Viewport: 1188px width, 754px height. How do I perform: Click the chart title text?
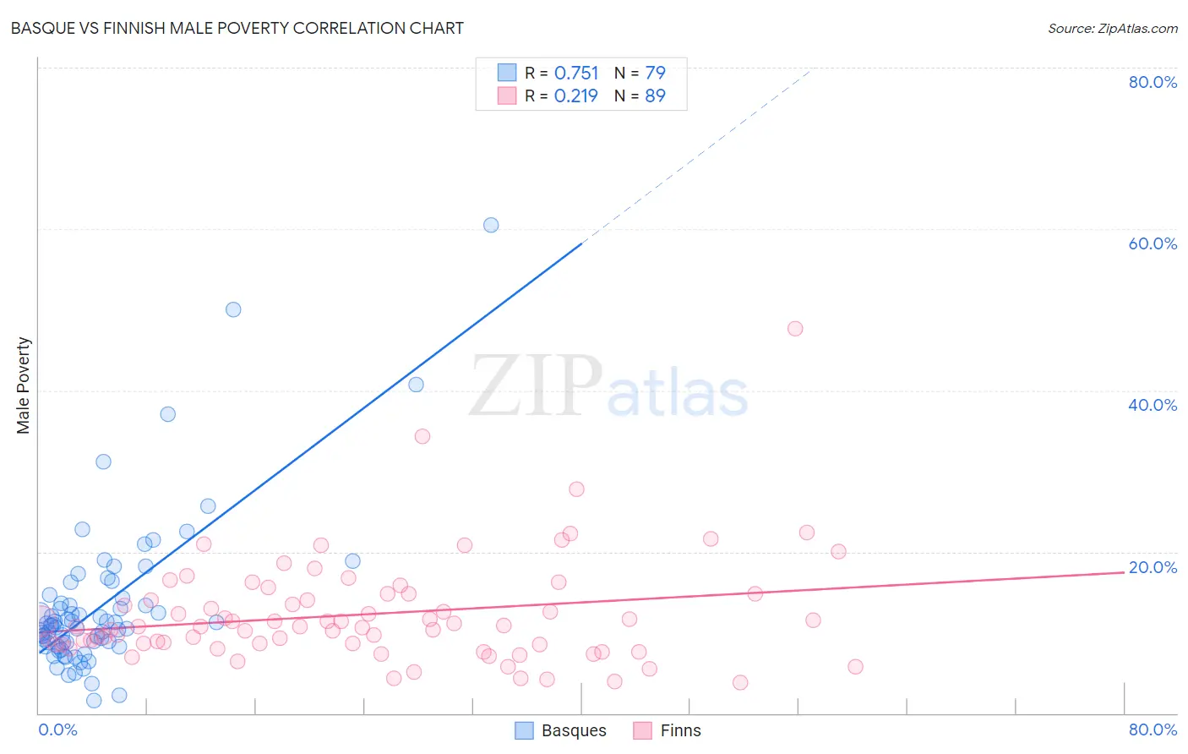tap(237, 28)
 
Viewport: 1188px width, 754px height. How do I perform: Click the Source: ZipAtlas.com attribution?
tap(1112, 29)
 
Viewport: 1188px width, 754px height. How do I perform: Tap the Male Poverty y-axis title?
tap(24, 385)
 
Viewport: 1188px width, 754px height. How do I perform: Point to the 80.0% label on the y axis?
tap(1153, 82)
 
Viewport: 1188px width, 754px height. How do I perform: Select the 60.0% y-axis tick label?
tap(1153, 243)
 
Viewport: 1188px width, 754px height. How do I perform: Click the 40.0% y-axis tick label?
tap(1153, 405)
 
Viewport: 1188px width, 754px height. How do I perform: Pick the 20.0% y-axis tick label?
tap(1153, 567)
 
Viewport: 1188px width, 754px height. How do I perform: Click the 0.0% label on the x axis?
tap(57, 729)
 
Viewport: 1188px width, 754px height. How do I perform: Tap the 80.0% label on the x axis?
tap(1153, 729)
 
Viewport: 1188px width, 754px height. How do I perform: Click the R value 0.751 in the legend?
tap(576, 74)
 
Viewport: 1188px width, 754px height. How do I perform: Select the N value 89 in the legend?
tap(655, 96)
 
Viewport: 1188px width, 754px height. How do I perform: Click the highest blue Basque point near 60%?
tap(491, 225)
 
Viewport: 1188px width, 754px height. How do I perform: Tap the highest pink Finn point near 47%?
tap(795, 329)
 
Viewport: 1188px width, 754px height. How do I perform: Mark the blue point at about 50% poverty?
tap(233, 309)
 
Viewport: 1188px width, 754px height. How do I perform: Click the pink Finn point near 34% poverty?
tap(422, 436)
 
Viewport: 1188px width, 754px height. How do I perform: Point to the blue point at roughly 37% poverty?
tap(168, 414)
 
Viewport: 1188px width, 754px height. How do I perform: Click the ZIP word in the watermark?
tap(535, 386)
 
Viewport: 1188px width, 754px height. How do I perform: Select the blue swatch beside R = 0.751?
tap(506, 73)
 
